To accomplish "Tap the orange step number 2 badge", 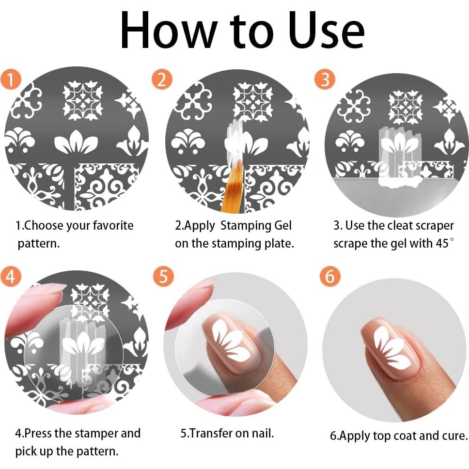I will (x=161, y=79).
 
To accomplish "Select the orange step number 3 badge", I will (x=325, y=79).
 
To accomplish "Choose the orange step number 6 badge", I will (x=329, y=277).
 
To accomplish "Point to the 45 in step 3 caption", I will (x=441, y=243).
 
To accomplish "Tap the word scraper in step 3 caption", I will (x=433, y=226).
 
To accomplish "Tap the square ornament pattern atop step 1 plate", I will (x=83, y=100).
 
